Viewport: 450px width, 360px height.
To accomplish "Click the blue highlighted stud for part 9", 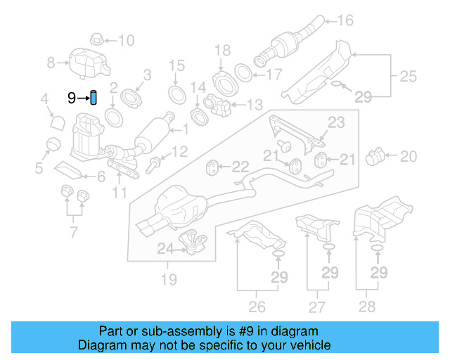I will pyautogui.click(x=94, y=97).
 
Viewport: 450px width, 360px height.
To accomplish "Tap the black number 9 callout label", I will pyautogui.click(x=72, y=98).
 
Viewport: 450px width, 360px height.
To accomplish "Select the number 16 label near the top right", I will pyautogui.click(x=345, y=20).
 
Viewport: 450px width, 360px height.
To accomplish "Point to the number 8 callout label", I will pyautogui.click(x=51, y=63).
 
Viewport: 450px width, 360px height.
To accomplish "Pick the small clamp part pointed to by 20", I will pyautogui.click(x=379, y=154).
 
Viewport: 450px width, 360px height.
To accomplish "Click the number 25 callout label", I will pyautogui.click(x=409, y=75).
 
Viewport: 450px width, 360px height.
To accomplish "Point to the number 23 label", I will pyautogui.click(x=336, y=123).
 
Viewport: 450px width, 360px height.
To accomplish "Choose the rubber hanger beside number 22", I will pyautogui.click(x=211, y=167).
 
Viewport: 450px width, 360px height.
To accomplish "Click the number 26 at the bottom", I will pyautogui.click(x=257, y=306).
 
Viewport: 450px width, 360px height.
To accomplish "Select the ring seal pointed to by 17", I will pyautogui.click(x=243, y=73).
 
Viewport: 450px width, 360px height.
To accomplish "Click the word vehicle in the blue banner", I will pyautogui.click(x=308, y=345).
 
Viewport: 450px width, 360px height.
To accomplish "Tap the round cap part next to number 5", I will pyautogui.click(x=51, y=146).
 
